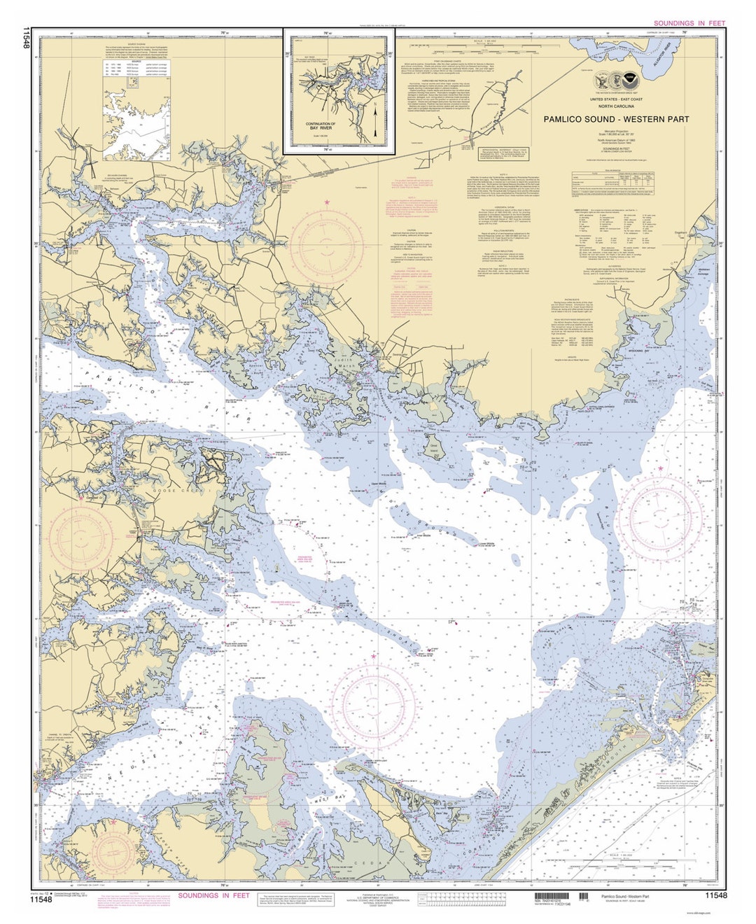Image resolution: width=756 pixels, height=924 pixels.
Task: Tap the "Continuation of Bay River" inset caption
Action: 321,127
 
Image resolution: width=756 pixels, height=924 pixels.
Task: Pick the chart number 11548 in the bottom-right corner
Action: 716,896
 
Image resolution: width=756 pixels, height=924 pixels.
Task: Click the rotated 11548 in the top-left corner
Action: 26,38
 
